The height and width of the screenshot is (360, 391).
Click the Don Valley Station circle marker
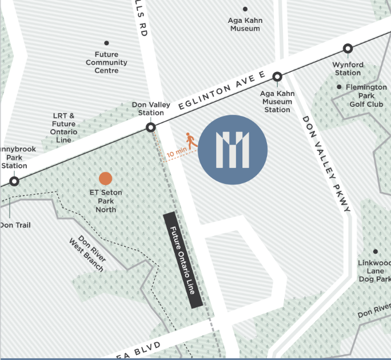(151, 127)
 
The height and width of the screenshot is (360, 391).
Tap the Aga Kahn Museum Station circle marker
(277, 77)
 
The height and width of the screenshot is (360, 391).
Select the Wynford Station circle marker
(348, 49)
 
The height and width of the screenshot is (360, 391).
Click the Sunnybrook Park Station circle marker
(14, 181)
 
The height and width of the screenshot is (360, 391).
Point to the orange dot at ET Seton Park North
(105, 179)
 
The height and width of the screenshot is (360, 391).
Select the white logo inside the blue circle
(233, 150)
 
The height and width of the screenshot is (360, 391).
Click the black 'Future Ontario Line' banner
(182, 261)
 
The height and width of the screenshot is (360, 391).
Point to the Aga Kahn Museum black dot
(245, 9)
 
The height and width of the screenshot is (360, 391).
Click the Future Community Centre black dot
(106, 43)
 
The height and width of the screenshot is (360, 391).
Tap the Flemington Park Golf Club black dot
(339, 87)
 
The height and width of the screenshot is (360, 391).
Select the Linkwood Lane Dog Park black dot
(376, 251)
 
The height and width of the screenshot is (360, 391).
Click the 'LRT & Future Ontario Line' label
(63, 127)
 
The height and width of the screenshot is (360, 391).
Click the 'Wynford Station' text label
(348, 69)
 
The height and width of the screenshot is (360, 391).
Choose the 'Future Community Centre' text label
(106, 62)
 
